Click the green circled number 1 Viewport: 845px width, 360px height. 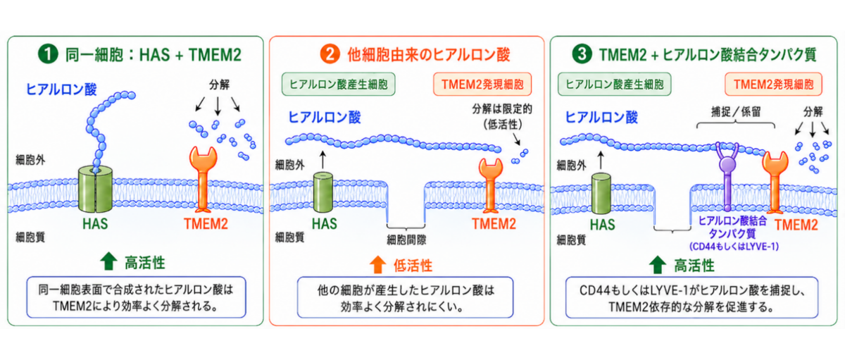coord(48,54)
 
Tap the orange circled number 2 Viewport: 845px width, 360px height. coord(330,54)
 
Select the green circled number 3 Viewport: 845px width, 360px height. coord(582,54)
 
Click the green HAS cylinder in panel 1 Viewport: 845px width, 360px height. coord(96,189)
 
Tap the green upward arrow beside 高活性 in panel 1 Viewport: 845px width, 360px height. coord(108,261)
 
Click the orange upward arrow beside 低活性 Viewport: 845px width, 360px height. coord(377,264)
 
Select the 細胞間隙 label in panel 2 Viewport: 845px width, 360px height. coord(406,240)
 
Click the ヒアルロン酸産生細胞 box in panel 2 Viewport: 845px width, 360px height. coord(339,84)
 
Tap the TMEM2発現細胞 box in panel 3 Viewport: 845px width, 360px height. coord(773,84)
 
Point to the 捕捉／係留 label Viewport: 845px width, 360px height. coord(736,112)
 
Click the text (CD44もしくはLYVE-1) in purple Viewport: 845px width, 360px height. coord(734,247)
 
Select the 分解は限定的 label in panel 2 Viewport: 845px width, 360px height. coord(502,109)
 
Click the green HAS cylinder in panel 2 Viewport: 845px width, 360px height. coord(323,192)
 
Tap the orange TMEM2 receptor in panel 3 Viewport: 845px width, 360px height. coord(775,182)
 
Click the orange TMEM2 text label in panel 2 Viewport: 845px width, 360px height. coord(494,224)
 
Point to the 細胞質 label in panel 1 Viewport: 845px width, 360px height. coord(30,237)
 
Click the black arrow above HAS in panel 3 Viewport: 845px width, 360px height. coord(601,161)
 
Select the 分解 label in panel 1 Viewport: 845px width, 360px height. coord(219,85)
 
